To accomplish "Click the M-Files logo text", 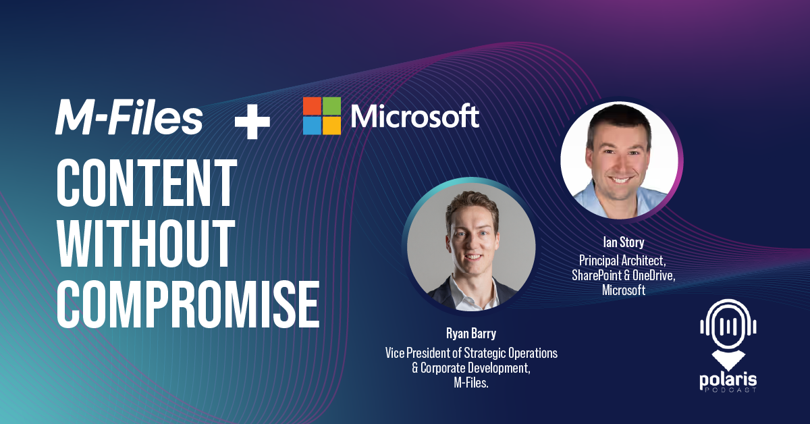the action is click(129, 117).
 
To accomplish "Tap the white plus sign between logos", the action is click(252, 122).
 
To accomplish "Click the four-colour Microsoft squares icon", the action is click(322, 115).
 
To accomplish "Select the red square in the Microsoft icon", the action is click(312, 106).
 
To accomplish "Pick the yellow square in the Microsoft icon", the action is click(331, 126).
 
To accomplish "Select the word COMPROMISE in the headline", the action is click(188, 304).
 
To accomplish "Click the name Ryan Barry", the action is click(471, 334).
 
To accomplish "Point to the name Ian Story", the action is click(624, 242).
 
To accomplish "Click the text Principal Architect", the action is click(622, 261).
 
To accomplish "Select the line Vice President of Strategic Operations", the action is click(471, 352).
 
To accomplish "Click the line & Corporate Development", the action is click(471, 368).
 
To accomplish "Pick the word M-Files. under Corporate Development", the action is click(471, 383).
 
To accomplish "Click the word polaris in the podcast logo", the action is click(728, 380).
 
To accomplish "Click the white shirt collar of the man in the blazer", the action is click(472, 295).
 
